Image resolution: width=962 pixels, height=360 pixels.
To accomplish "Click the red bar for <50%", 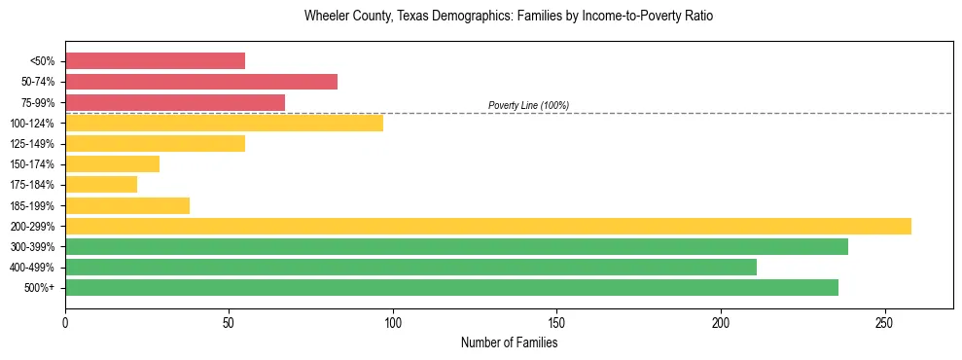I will (x=155, y=61).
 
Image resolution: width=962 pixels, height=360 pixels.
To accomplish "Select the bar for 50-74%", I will (x=201, y=82).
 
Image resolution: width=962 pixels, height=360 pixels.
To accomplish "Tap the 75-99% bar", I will (x=175, y=102).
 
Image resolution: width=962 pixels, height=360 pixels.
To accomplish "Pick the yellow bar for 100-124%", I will (x=224, y=123).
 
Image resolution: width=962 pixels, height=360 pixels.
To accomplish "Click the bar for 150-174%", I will (x=112, y=164).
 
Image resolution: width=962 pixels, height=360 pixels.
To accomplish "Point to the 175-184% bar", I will (x=101, y=185).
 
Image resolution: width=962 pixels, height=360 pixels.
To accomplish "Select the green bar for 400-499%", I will (x=410, y=267).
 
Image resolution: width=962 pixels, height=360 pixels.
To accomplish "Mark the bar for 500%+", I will (x=451, y=288).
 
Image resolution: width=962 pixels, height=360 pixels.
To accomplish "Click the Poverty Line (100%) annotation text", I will (x=528, y=105).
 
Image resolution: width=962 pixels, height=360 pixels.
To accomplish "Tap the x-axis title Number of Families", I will (x=509, y=343).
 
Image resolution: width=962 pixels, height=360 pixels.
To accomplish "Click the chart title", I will (x=509, y=17).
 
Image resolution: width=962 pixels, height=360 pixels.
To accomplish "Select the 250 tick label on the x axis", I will (x=884, y=322).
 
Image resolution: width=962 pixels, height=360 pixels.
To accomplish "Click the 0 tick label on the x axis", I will (x=65, y=322).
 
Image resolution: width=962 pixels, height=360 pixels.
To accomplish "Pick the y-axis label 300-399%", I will (x=34, y=247).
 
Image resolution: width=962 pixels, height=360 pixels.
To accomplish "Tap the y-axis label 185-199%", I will (x=34, y=205).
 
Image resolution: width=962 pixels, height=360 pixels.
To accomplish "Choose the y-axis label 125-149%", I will (x=34, y=144).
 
